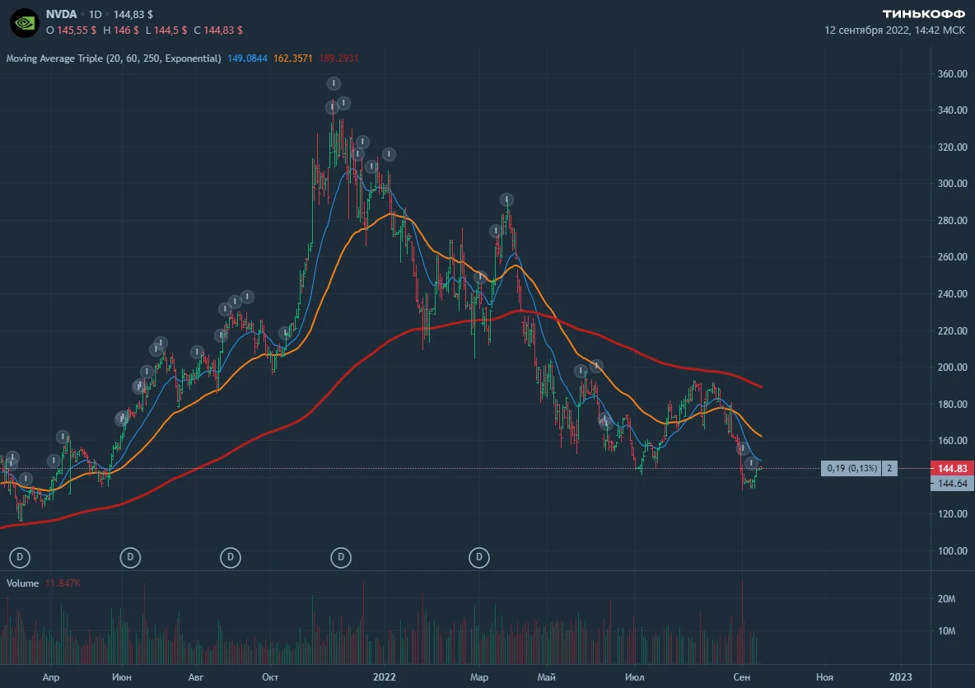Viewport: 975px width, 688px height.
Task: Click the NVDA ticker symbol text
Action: [61, 14]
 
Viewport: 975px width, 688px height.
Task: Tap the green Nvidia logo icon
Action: [25, 23]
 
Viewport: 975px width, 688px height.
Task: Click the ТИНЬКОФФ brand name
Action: [924, 14]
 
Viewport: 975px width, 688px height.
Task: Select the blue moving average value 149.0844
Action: [247, 59]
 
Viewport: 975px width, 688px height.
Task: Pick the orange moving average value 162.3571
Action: [293, 59]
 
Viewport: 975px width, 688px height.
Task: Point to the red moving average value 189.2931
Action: [339, 59]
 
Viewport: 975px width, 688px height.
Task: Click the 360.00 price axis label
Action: [953, 74]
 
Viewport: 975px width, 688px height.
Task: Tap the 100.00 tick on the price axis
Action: [953, 550]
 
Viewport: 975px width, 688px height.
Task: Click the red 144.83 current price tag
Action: [952, 468]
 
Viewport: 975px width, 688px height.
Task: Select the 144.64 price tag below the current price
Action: [952, 484]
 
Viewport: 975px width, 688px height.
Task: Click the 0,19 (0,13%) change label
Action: [851, 468]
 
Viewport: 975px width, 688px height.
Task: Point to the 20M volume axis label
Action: [946, 598]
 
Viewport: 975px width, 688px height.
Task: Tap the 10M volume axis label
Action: [946, 631]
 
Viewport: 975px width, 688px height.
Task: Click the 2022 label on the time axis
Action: [385, 676]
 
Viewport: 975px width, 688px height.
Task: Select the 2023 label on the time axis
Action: [900, 676]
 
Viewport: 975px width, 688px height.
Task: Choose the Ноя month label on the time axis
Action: [824, 676]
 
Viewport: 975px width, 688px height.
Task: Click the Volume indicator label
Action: [22, 583]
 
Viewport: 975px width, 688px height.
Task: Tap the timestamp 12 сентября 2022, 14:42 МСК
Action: [895, 30]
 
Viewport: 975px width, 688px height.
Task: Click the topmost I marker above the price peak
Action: [334, 83]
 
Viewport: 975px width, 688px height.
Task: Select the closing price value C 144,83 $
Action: [218, 30]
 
